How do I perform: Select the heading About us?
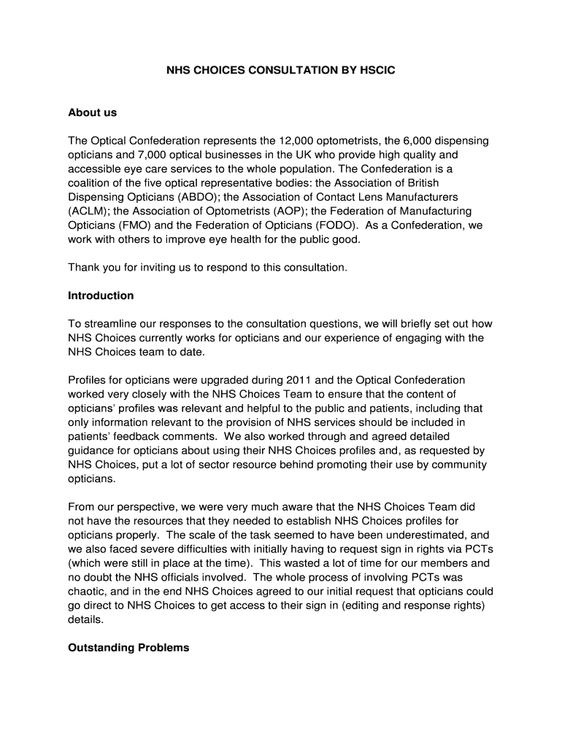point(92,112)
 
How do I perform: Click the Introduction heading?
point(101,295)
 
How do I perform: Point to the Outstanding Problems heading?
point(128,647)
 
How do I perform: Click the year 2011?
point(301,380)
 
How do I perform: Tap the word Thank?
point(84,267)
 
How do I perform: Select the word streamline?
point(112,324)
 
